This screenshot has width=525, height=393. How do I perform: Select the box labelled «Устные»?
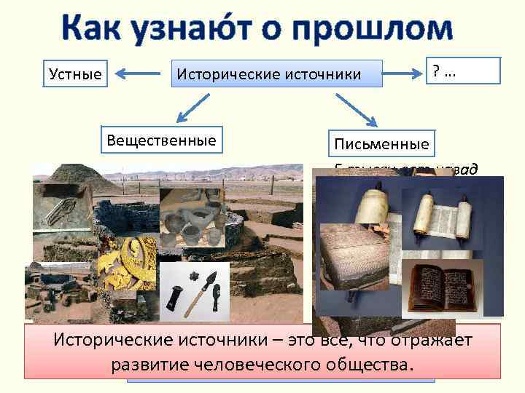pyautogui.click(x=76, y=73)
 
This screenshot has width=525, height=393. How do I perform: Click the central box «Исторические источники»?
pyautogui.click(x=277, y=73)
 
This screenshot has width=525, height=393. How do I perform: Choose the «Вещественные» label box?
pyautogui.click(x=161, y=140)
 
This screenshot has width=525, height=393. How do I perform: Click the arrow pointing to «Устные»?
pyautogui.click(x=139, y=73)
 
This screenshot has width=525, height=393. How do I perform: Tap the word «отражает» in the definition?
pyautogui.click(x=430, y=341)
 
